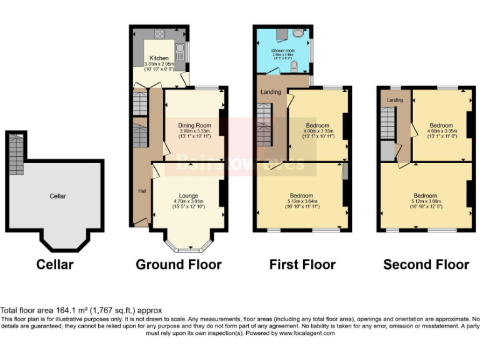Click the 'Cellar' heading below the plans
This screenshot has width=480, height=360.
(x=55, y=264)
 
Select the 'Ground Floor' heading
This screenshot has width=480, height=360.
(x=178, y=264)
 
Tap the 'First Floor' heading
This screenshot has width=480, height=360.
(x=302, y=264)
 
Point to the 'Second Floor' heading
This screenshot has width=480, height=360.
(x=426, y=264)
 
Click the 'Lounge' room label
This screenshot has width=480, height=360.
(x=189, y=195)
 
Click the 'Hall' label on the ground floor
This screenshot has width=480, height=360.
(x=142, y=191)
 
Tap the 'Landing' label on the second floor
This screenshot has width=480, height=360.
(x=394, y=100)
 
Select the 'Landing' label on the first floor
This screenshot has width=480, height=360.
(x=271, y=92)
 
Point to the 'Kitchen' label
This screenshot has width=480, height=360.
(x=159, y=58)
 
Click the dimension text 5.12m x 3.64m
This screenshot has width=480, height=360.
(x=301, y=201)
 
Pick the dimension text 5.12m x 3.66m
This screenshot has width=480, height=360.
(x=425, y=201)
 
